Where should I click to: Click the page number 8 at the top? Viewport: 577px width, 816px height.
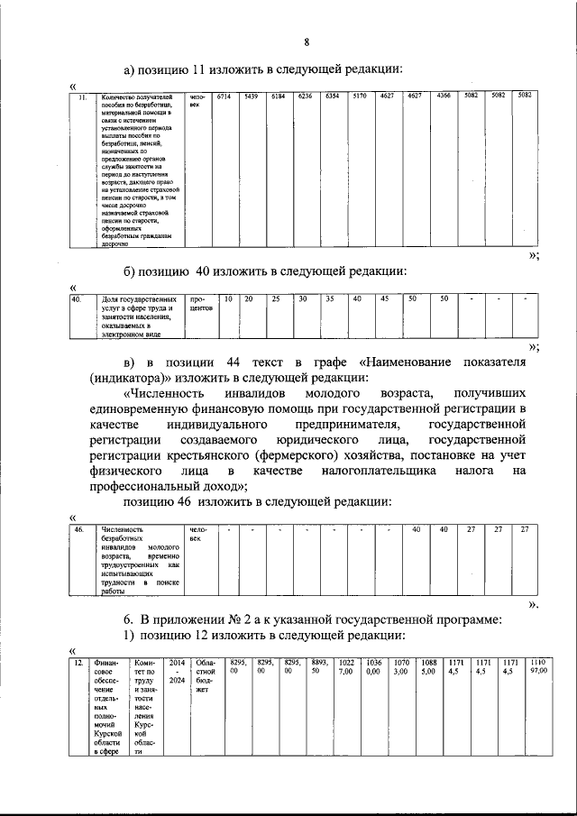pos(306,42)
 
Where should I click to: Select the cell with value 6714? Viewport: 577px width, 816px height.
pos(224,96)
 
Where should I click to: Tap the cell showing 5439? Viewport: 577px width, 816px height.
pos(252,96)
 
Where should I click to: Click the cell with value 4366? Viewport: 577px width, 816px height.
pos(444,96)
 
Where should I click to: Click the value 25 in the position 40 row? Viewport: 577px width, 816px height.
pos(278,298)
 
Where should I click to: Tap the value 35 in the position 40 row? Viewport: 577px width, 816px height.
pos(330,298)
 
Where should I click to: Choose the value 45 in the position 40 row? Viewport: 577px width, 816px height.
pos(384,298)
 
